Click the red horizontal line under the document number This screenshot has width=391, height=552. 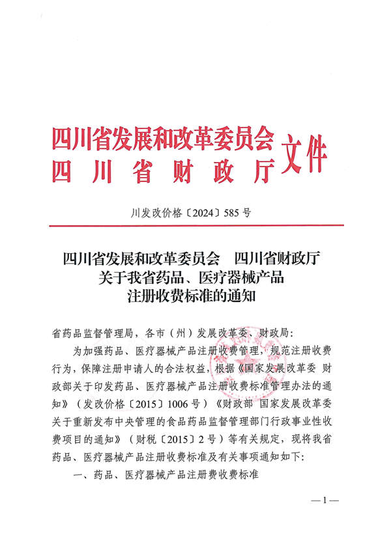click(x=195, y=225)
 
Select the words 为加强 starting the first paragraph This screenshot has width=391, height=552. click(x=87, y=352)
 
